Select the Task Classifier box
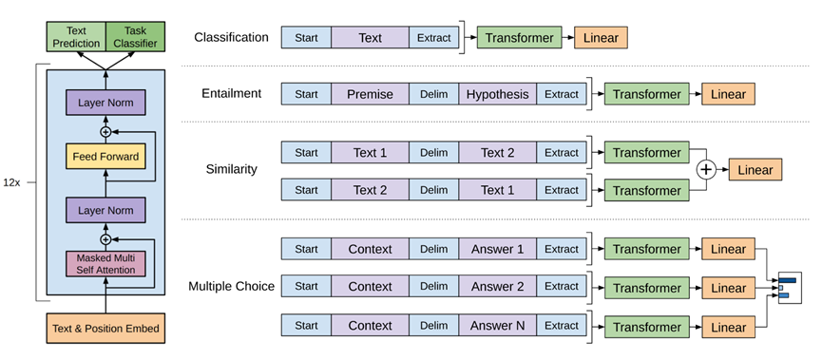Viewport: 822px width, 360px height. click(133, 37)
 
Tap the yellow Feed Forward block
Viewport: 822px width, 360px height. click(105, 155)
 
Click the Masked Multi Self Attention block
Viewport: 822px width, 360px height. click(105, 263)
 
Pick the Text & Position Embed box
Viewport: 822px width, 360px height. click(105, 329)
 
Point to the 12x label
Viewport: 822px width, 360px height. click(13, 180)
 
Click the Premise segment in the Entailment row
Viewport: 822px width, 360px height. click(370, 94)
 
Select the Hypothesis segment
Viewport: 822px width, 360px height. click(497, 94)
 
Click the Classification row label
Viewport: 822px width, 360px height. click(231, 38)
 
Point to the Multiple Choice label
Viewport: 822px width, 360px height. click(231, 286)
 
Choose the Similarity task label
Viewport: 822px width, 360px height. click(231, 169)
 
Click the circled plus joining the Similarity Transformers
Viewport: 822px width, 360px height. click(704, 170)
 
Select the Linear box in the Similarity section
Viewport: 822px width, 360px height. click(755, 170)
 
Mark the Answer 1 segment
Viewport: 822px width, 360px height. click(497, 249)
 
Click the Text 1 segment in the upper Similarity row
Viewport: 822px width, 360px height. click(370, 152)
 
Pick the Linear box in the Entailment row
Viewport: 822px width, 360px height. click(729, 94)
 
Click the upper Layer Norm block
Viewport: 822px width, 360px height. click(105, 101)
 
